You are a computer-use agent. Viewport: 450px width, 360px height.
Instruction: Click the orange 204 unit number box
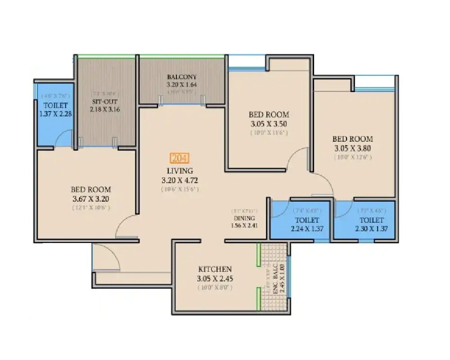180,158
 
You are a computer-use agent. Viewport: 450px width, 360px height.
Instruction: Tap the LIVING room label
180,171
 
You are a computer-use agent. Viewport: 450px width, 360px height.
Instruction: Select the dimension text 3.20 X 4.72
180,180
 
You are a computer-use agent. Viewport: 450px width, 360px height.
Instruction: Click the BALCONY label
182,77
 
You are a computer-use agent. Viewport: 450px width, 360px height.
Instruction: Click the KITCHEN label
215,269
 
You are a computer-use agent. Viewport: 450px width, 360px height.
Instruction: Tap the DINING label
244,218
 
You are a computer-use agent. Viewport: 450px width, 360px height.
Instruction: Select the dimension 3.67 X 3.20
91,198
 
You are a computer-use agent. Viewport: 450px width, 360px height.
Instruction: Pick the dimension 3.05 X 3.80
352,148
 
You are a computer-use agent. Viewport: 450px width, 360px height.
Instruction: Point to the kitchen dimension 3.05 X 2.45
215,278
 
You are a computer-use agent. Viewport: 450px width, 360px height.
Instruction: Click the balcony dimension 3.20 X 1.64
182,84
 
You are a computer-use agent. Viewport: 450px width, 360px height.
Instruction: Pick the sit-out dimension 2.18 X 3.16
102,109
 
